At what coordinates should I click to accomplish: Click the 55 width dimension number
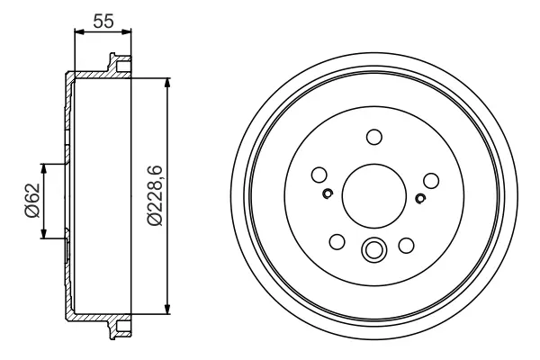point(103,21)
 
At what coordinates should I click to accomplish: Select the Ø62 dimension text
point(32,201)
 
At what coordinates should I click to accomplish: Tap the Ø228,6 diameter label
point(155,195)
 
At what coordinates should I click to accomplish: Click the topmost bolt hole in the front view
point(374,137)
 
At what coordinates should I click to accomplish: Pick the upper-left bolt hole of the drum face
point(319,175)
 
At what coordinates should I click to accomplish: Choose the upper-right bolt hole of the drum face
point(431,181)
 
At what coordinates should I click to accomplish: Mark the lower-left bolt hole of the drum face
point(337,241)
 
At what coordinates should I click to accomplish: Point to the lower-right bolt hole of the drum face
point(407,246)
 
